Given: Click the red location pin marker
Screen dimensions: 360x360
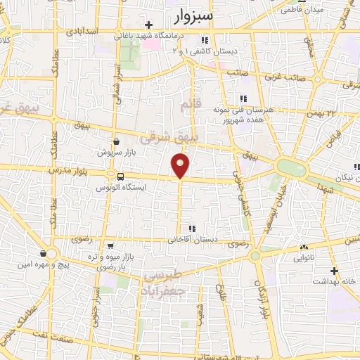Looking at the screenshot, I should (x=181, y=165).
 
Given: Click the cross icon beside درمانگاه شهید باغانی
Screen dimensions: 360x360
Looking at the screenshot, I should (x=148, y=25).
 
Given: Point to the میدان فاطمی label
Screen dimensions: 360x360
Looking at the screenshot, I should (x=303, y=11).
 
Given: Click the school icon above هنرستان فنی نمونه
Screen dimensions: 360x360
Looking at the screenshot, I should (x=243, y=98).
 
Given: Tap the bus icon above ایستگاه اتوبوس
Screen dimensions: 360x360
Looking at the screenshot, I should (x=120, y=176).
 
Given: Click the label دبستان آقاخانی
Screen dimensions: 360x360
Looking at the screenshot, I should (x=192, y=239).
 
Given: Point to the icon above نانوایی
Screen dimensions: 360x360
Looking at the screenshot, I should (x=304, y=247).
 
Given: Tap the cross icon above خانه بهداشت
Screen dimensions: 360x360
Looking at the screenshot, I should (x=335, y=271).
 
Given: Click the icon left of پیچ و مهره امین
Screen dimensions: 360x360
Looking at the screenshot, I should (x=44, y=254).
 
